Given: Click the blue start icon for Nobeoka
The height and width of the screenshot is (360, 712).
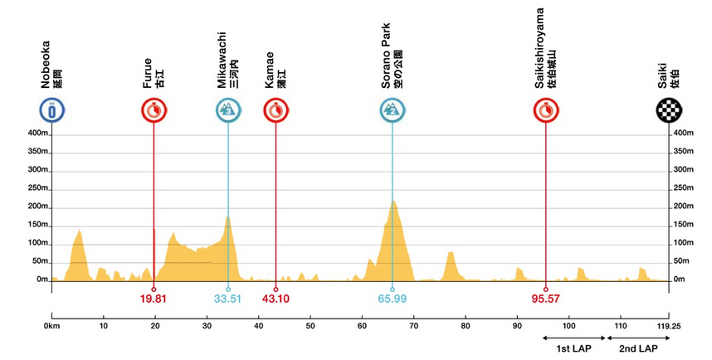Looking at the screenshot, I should [x=51, y=110].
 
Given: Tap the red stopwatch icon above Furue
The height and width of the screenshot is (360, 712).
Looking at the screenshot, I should [x=154, y=110].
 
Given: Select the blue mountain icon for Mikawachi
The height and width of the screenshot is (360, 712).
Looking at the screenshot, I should [x=227, y=110].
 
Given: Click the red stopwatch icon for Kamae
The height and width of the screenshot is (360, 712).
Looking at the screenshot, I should [x=276, y=110].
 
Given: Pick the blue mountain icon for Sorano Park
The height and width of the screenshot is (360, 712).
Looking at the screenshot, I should [x=393, y=110].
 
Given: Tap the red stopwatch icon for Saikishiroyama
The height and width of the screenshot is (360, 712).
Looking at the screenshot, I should [x=546, y=110].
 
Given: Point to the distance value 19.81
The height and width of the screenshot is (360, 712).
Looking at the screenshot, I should [x=154, y=299].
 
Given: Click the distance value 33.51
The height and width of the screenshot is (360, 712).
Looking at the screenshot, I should [x=227, y=299].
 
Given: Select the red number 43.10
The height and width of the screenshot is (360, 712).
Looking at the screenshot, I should [x=276, y=299].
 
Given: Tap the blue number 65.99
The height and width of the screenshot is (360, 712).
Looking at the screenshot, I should [x=393, y=299].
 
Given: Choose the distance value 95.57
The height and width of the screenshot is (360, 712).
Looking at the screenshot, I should [x=546, y=299].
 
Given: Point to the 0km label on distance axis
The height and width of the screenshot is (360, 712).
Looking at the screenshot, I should [x=51, y=327].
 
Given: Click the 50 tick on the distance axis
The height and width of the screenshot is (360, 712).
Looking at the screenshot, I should [x=310, y=327].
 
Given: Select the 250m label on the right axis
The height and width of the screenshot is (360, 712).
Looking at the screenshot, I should [x=683, y=188].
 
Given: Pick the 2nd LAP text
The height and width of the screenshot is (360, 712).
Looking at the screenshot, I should [x=637, y=348].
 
